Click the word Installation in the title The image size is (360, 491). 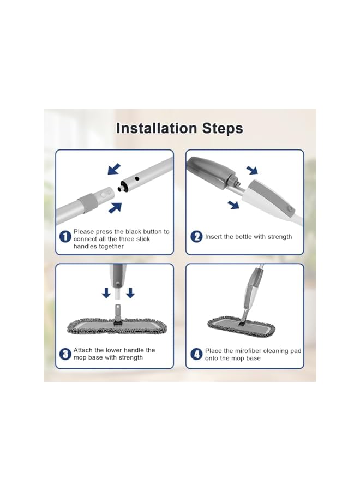[x=157, y=128]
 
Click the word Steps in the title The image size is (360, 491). [x=223, y=129]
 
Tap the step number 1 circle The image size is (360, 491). [x=65, y=236]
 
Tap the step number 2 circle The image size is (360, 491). [x=196, y=236]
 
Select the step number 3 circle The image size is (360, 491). [x=65, y=354]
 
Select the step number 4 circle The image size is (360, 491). [x=196, y=354]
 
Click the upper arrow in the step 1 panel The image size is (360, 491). [x=114, y=169]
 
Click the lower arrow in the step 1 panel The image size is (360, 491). [x=115, y=208]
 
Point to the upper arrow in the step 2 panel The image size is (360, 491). [x=252, y=170]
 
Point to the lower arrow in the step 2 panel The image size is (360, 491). [x=233, y=205]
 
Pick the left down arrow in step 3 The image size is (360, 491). [x=106, y=293]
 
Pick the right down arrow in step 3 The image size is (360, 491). [x=130, y=293]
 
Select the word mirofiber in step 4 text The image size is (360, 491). [x=248, y=351]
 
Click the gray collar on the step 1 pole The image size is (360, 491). [x=87, y=200]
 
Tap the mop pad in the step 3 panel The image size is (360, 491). [x=117, y=327]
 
